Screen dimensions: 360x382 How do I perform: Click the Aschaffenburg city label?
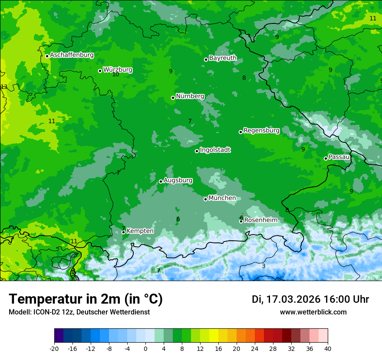72,55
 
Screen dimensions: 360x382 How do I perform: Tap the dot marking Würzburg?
100,71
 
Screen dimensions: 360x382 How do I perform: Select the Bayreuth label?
223,58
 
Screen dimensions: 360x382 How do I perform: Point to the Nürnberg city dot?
173,98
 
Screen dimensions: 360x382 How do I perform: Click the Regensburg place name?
261,130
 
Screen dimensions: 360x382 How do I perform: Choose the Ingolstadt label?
215,150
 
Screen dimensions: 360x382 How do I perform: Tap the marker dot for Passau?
326,158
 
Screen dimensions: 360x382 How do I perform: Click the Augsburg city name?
178,180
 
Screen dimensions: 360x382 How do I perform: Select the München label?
222,198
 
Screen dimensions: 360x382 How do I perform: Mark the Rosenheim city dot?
241,221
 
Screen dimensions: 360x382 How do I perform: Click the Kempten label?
140,231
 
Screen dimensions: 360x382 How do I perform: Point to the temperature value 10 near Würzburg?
115,75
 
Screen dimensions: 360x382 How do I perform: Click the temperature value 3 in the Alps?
263,266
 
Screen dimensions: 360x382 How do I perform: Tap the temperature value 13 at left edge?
4,87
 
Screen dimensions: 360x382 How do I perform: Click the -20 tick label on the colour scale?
54,349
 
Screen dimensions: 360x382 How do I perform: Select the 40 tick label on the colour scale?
327,349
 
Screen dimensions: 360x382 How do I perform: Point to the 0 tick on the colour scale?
145,349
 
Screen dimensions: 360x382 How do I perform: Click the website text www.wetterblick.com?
313,312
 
